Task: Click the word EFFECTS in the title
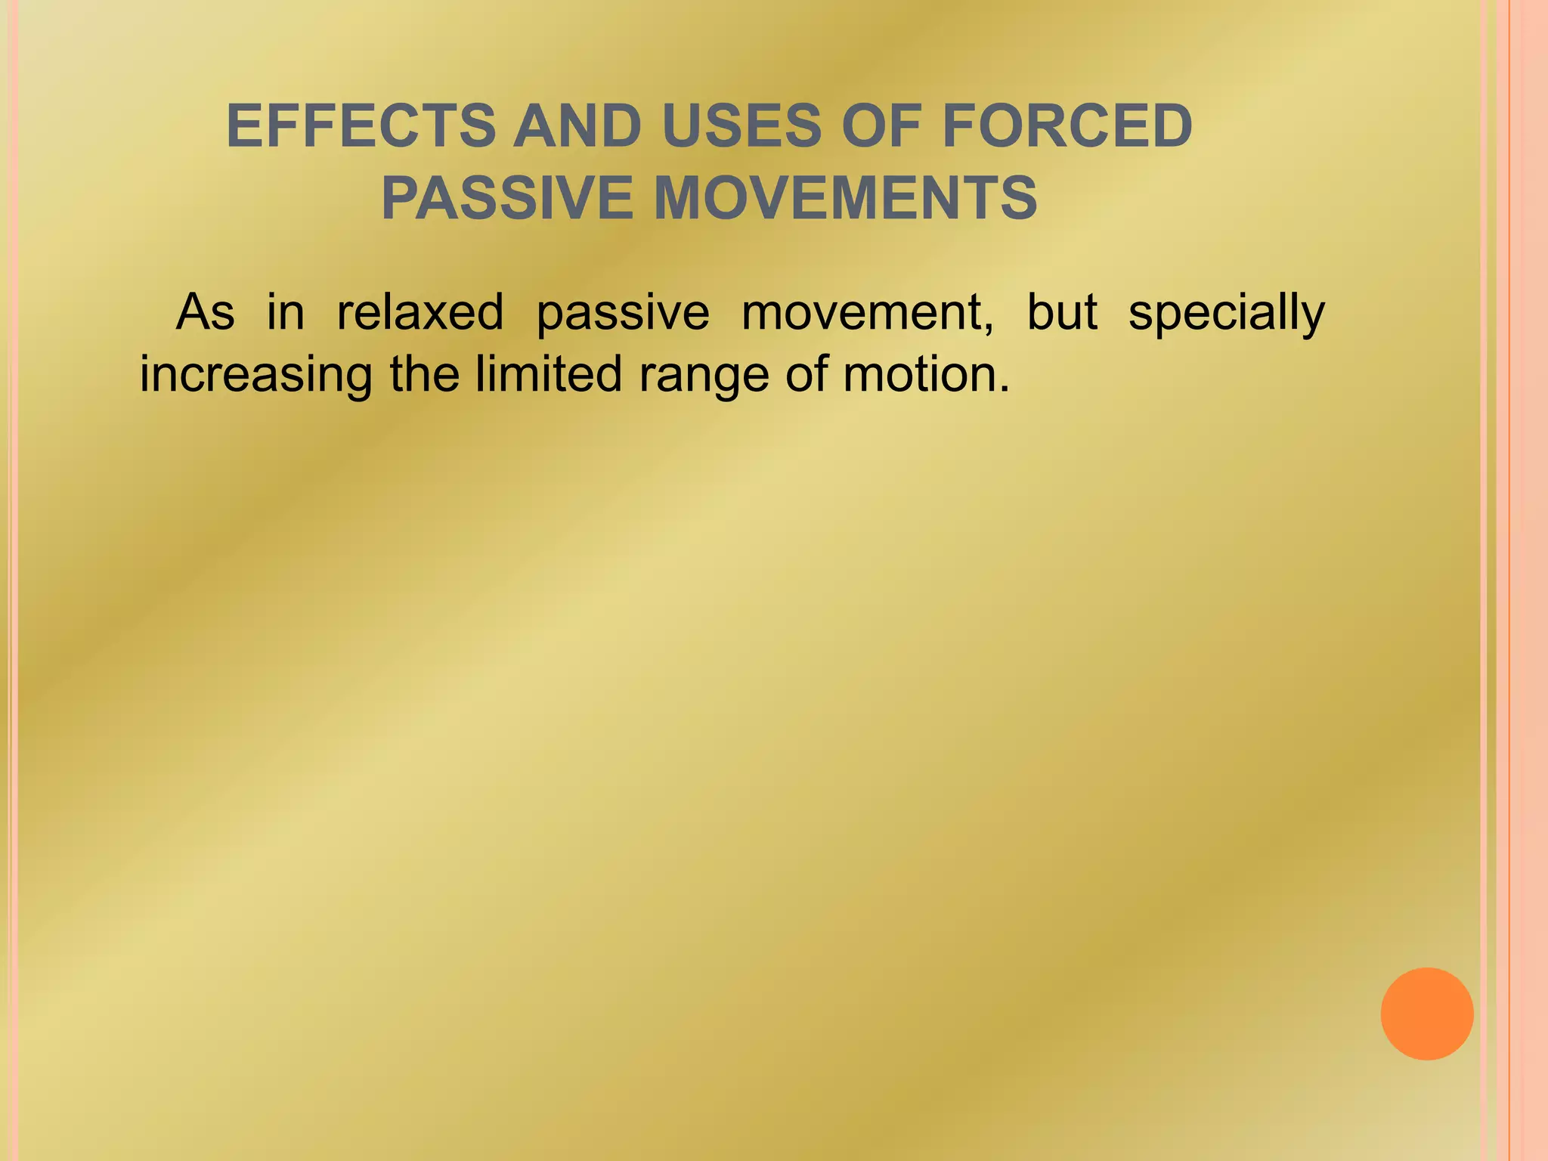pyautogui.click(x=361, y=126)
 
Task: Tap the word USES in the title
pyautogui.click(x=741, y=126)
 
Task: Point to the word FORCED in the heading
pyautogui.click(x=1067, y=126)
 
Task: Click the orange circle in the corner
pyautogui.click(x=1426, y=1014)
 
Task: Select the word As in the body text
pyautogui.click(x=205, y=312)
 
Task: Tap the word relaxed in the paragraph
pyautogui.click(x=420, y=312)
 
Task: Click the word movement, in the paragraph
pyautogui.click(x=868, y=312)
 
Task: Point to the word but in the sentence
pyautogui.click(x=1061, y=312)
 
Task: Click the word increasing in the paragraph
pyautogui.click(x=256, y=376)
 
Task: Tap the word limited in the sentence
pyautogui.click(x=548, y=374)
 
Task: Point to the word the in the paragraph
pyautogui.click(x=424, y=374)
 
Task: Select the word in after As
pyautogui.click(x=285, y=312)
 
